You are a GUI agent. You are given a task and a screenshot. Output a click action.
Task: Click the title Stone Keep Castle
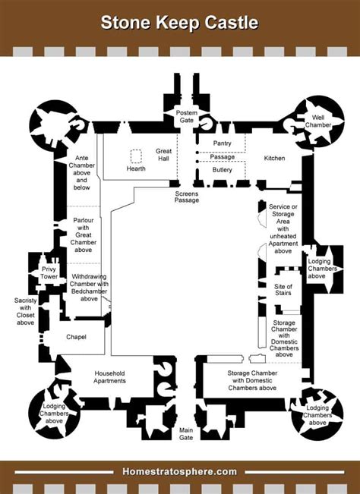[x=180, y=23]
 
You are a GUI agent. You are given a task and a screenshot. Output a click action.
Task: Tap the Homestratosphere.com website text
[x=180, y=471]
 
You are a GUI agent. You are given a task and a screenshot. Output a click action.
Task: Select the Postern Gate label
[x=186, y=116]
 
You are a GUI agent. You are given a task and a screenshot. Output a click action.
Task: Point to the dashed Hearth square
[x=137, y=156]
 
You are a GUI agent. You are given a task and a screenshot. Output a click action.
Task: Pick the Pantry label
[x=223, y=143]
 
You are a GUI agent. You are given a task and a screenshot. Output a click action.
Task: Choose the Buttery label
[x=223, y=170]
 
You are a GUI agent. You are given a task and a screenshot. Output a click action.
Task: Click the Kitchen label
[x=274, y=158]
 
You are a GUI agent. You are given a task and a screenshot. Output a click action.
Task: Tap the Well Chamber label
[x=318, y=122]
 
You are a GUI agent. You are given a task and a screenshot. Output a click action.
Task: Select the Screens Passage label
[x=187, y=197]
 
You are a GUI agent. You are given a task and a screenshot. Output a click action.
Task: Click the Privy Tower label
[x=49, y=273]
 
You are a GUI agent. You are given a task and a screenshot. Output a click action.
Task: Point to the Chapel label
[x=76, y=337]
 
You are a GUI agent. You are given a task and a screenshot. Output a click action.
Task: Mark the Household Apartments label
[x=109, y=377]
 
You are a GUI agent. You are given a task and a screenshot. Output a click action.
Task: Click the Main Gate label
[x=187, y=433]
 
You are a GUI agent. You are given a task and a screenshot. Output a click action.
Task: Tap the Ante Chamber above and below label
[x=81, y=175]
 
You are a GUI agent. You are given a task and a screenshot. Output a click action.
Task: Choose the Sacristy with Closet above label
[x=26, y=312]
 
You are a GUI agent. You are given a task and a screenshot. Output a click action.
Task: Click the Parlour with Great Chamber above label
[x=83, y=234]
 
